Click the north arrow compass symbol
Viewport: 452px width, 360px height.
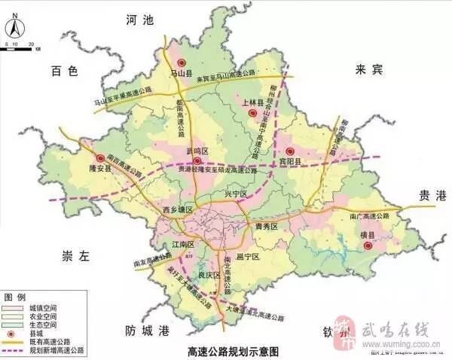pyautogui.click(x=14, y=29)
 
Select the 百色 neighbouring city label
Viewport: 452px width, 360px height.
pyautogui.click(x=65, y=72)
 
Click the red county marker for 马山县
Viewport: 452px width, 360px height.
pyautogui.click(x=180, y=63)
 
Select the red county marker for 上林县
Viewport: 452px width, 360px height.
pyautogui.click(x=253, y=113)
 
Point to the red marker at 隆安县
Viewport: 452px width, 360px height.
pyautogui.click(x=100, y=158)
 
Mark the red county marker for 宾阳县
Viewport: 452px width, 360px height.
pyautogui.click(x=289, y=151)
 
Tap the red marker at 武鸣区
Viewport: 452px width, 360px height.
pyautogui.click(x=197, y=161)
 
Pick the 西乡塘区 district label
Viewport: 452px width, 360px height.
pyautogui.click(x=179, y=208)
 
